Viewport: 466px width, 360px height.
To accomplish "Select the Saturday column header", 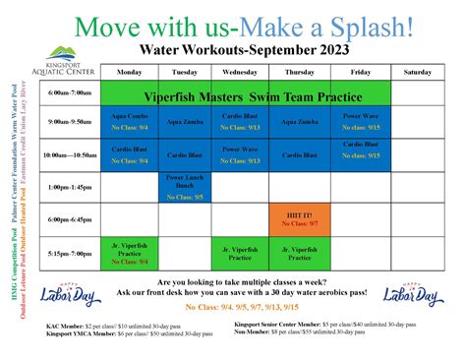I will (x=416, y=72).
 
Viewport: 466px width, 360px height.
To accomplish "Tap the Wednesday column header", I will (x=242, y=72).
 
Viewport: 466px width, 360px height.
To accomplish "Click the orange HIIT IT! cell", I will (x=298, y=219).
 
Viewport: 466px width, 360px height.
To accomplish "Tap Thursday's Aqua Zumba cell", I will (x=298, y=121).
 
